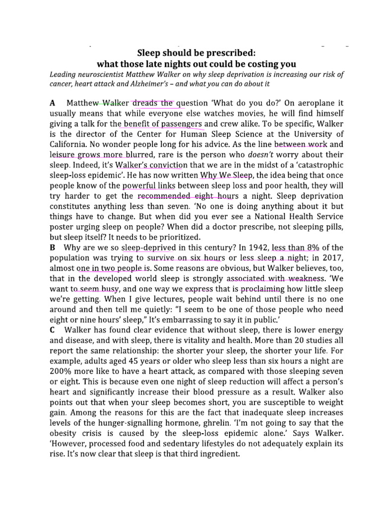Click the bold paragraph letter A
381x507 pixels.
point(53,103)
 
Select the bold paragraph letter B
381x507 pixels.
point(53,247)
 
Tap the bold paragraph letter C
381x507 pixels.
point(53,329)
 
